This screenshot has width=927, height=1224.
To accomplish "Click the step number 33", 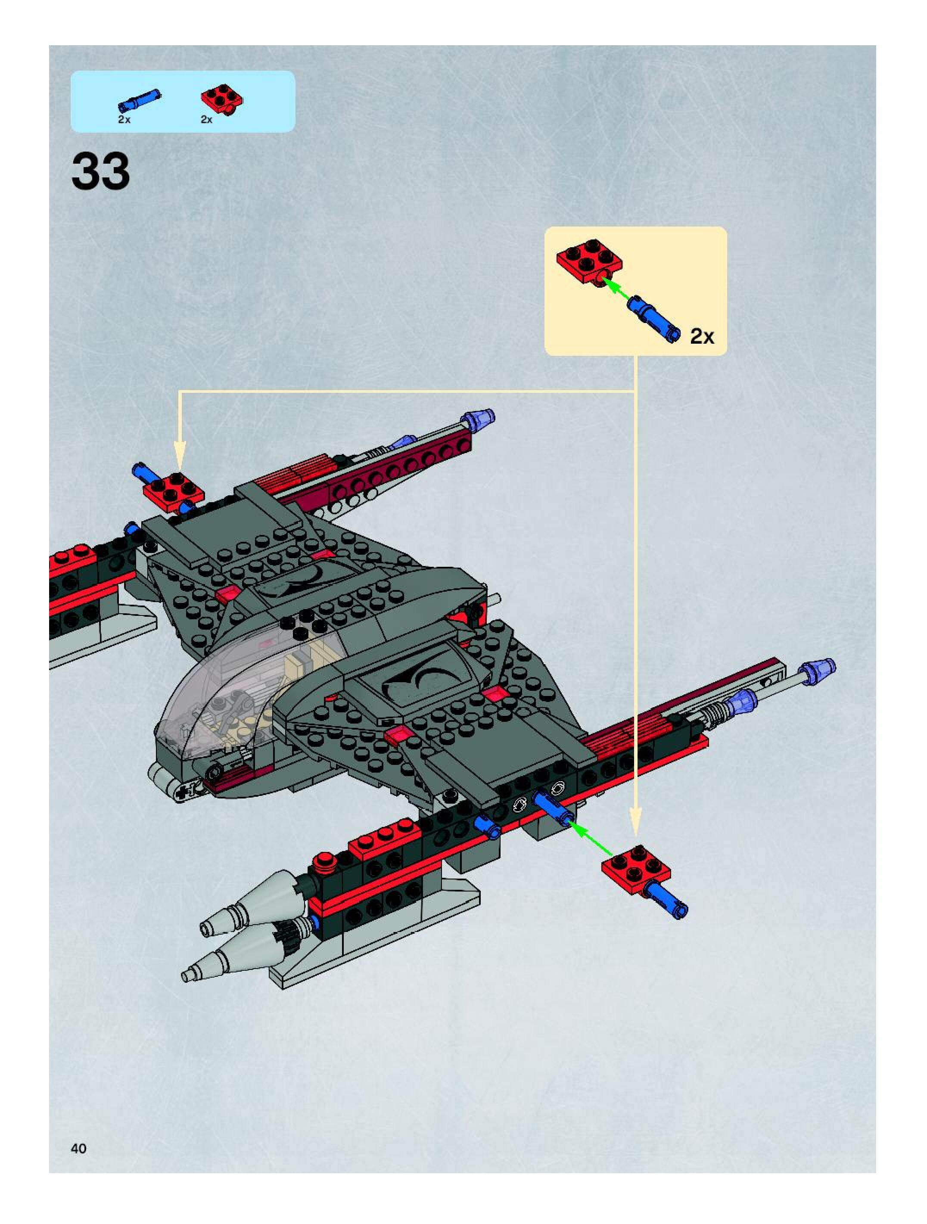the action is [x=101, y=171].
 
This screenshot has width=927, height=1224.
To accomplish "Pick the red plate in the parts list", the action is [x=222, y=99].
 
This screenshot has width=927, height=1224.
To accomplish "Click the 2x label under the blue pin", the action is [x=124, y=120].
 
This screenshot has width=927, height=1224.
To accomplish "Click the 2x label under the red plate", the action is [x=206, y=120].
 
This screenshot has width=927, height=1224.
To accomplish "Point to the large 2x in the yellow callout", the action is [x=702, y=336].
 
